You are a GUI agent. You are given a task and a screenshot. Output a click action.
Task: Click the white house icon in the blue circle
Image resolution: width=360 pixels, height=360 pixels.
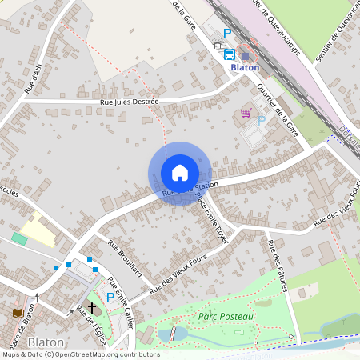180,173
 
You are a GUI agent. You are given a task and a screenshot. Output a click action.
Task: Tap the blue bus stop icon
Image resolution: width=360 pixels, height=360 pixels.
230,54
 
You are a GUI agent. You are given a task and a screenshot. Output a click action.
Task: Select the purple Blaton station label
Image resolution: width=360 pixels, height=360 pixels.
245,68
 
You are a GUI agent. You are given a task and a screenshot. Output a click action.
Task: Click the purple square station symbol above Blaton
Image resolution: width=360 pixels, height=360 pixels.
246,55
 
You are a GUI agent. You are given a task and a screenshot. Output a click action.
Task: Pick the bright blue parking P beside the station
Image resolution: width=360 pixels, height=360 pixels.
227,34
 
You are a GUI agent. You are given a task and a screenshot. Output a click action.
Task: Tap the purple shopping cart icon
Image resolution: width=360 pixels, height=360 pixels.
246,113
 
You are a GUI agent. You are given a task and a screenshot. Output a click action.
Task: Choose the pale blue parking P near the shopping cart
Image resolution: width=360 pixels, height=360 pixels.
261,121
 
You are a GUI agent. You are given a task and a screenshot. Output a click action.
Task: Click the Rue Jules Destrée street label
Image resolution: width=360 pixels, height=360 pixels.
130,102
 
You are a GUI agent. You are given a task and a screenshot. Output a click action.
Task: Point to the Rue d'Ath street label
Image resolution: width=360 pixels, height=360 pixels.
33,78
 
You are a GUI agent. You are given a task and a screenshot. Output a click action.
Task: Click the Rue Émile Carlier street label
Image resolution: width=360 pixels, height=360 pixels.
122,303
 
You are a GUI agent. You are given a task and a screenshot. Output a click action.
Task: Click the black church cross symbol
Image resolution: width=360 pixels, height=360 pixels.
91,307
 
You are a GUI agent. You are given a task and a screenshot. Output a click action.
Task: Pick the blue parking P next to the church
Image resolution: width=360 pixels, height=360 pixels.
110,298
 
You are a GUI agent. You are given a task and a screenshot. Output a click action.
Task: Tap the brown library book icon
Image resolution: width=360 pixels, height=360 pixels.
18,312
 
